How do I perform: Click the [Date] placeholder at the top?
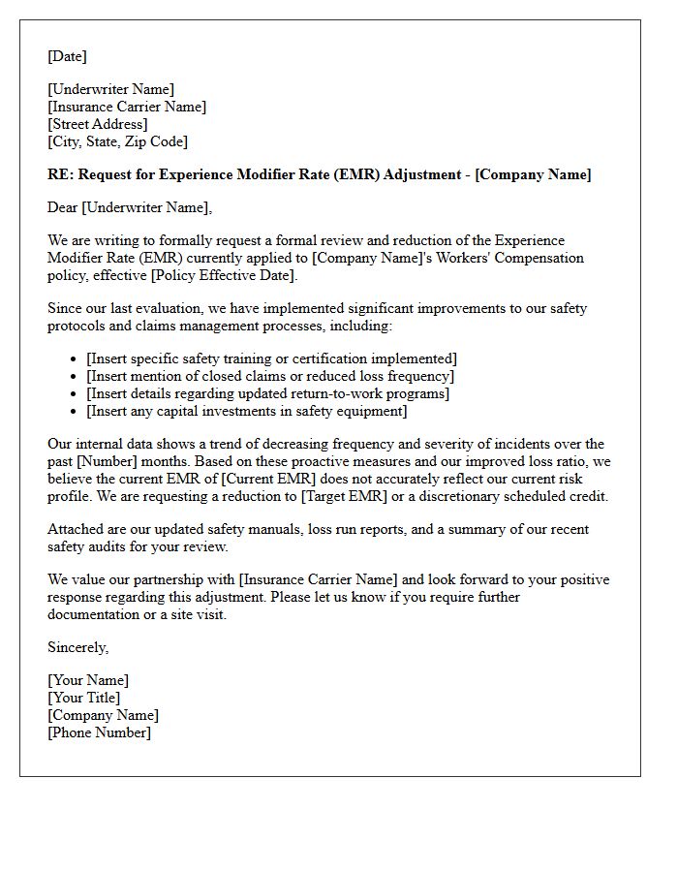[x=67, y=56]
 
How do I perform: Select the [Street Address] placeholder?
[x=98, y=124]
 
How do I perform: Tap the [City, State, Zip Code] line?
[x=118, y=141]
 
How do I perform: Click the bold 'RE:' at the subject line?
[x=60, y=174]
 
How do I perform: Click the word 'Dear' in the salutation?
[x=63, y=207]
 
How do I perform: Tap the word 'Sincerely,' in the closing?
[x=78, y=647]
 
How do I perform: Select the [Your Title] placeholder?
[x=84, y=698]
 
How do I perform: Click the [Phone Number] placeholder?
[x=99, y=732]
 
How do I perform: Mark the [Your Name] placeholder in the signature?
[x=88, y=680]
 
